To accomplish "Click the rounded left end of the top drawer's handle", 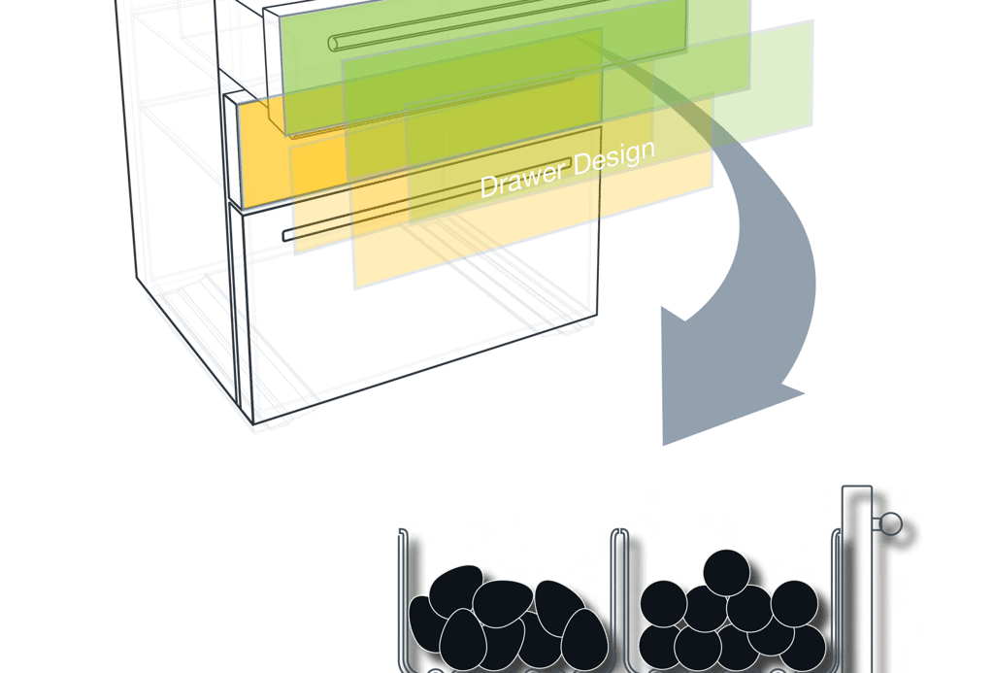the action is tap(334, 43).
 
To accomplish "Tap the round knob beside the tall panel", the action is tap(892, 524).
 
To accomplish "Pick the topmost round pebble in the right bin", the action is tap(726, 573).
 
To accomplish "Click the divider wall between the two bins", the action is tap(619, 599).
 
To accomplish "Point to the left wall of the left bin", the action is tap(403, 599).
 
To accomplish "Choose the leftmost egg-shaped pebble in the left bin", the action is tap(426, 623).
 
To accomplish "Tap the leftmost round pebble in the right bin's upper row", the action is tap(664, 603).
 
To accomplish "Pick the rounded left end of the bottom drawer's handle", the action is tap(287, 236).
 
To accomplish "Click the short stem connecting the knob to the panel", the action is tap(877, 524).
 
